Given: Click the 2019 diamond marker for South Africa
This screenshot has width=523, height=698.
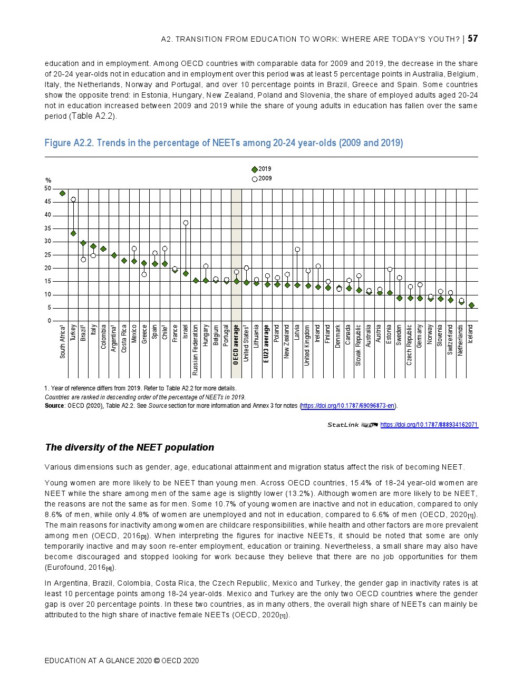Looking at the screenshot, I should [63, 194].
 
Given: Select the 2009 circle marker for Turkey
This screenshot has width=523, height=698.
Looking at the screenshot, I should [73, 199].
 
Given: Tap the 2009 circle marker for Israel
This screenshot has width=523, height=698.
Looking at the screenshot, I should [186, 223].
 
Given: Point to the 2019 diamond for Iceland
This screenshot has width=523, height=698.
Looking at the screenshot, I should [471, 305].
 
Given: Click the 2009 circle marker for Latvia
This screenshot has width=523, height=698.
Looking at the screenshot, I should [297, 249].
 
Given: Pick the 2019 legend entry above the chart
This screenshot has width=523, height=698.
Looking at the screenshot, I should [261, 169].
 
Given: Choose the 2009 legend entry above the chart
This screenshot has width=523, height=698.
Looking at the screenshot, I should [261, 179].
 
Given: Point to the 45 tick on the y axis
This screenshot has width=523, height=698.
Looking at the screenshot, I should [48, 202].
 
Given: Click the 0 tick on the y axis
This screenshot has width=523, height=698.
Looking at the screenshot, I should [50, 321].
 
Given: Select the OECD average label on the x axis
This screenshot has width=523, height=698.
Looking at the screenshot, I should [236, 345].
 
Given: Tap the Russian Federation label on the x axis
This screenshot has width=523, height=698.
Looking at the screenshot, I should [196, 350].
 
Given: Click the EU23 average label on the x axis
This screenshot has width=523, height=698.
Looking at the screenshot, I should [267, 343].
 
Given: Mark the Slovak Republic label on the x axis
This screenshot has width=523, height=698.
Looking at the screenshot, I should [359, 345].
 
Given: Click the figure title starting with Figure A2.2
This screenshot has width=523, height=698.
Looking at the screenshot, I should [224, 143].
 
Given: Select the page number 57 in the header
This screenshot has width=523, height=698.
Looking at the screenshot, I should [473, 39].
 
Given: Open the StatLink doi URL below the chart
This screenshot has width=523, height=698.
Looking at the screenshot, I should [429, 425].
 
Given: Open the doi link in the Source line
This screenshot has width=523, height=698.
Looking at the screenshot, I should [347, 406].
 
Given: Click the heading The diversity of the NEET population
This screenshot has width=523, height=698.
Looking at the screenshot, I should [130, 447].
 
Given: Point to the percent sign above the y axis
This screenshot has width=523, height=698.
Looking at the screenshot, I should [48, 180].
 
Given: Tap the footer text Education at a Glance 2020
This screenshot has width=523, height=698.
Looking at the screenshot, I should [122, 661].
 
